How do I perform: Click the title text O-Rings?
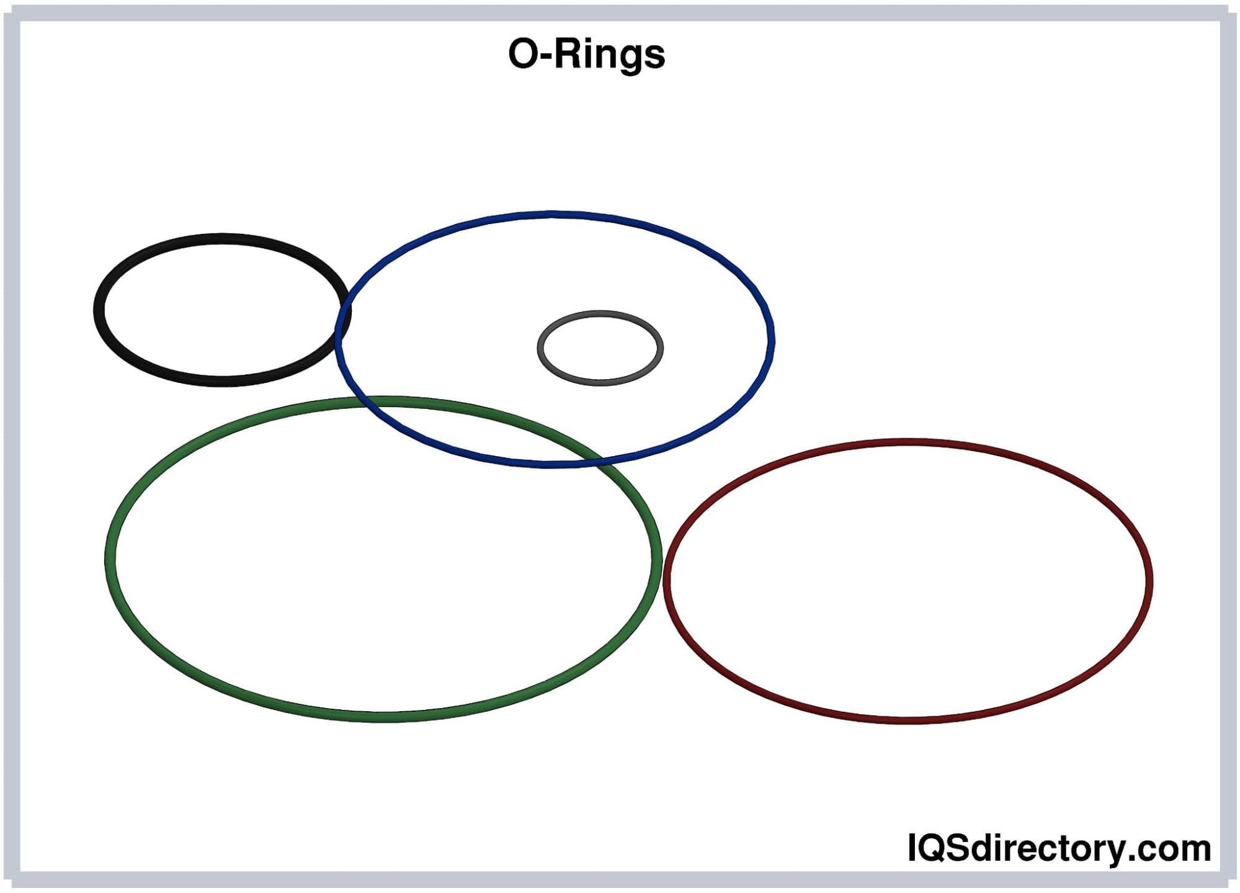pos(586,55)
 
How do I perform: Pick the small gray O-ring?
pos(600,313)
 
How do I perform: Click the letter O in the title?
pos(522,55)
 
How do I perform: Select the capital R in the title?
pos(565,53)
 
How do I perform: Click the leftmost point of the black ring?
pos(98,310)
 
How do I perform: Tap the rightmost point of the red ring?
pos(1149,581)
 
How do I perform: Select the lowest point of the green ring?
pos(383,718)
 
